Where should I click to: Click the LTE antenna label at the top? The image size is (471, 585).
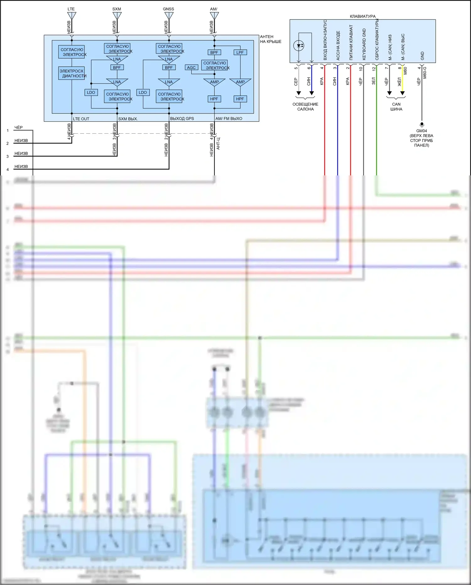click(x=71, y=9)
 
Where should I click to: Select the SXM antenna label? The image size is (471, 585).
click(x=116, y=9)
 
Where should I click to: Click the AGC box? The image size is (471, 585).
click(x=191, y=68)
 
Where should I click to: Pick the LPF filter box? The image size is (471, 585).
click(x=240, y=52)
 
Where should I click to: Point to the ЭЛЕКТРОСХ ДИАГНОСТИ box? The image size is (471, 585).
click(x=72, y=73)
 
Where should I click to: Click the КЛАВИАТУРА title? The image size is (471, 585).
click(x=363, y=16)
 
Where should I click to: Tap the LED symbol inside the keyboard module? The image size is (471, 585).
click(x=299, y=46)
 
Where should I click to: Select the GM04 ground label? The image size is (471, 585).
click(x=421, y=131)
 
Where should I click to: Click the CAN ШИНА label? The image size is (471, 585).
click(x=396, y=107)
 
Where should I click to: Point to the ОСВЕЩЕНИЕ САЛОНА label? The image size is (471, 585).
click(x=305, y=107)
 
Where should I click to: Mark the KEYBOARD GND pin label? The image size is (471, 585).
click(x=364, y=44)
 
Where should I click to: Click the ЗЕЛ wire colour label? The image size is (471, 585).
click(x=374, y=81)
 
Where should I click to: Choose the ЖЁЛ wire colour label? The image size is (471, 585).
click(x=400, y=82)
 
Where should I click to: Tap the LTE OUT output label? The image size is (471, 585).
click(x=81, y=119)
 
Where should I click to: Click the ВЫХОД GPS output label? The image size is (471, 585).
click(x=182, y=119)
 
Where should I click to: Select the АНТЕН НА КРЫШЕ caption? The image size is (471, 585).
click(x=270, y=39)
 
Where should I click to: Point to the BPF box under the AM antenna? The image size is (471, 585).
click(x=214, y=52)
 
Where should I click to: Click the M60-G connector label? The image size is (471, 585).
click(x=425, y=73)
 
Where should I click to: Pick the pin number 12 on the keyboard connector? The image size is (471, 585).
click(x=374, y=68)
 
